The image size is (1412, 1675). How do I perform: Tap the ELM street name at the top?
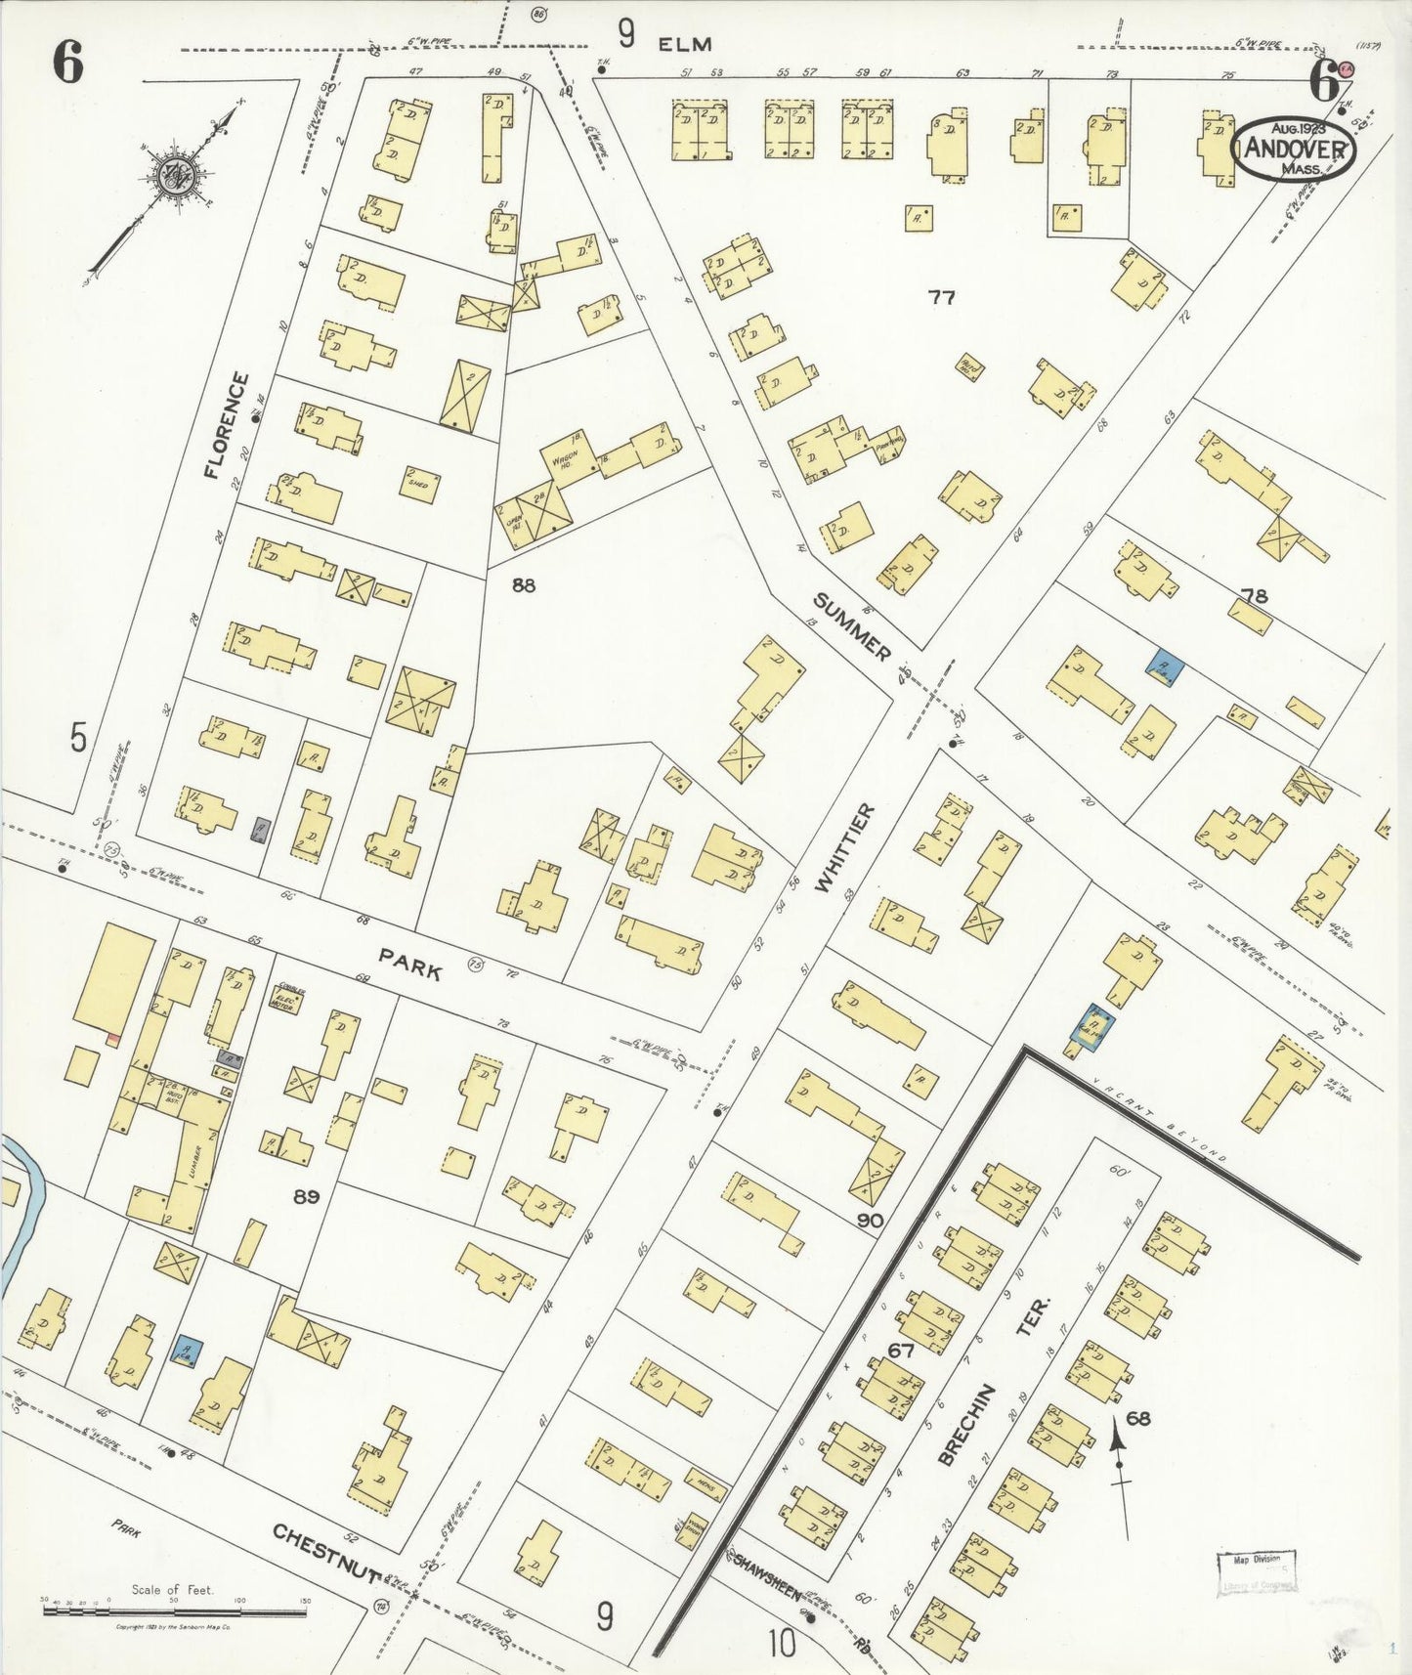[684, 43]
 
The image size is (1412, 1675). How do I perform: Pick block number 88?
[524, 584]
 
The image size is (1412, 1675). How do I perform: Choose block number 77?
[941, 298]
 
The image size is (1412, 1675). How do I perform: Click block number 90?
[870, 1220]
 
